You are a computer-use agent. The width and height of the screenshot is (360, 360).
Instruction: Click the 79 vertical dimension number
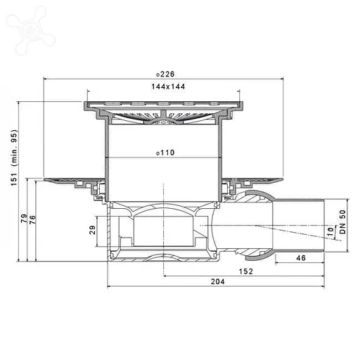[24, 219]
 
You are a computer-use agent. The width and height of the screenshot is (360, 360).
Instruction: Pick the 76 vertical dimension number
[32, 219]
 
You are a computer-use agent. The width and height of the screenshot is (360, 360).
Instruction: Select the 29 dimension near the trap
[94, 230]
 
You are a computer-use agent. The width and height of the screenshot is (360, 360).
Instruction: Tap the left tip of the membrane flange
[46, 181]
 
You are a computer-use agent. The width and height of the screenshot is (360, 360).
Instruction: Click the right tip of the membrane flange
[285, 181]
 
